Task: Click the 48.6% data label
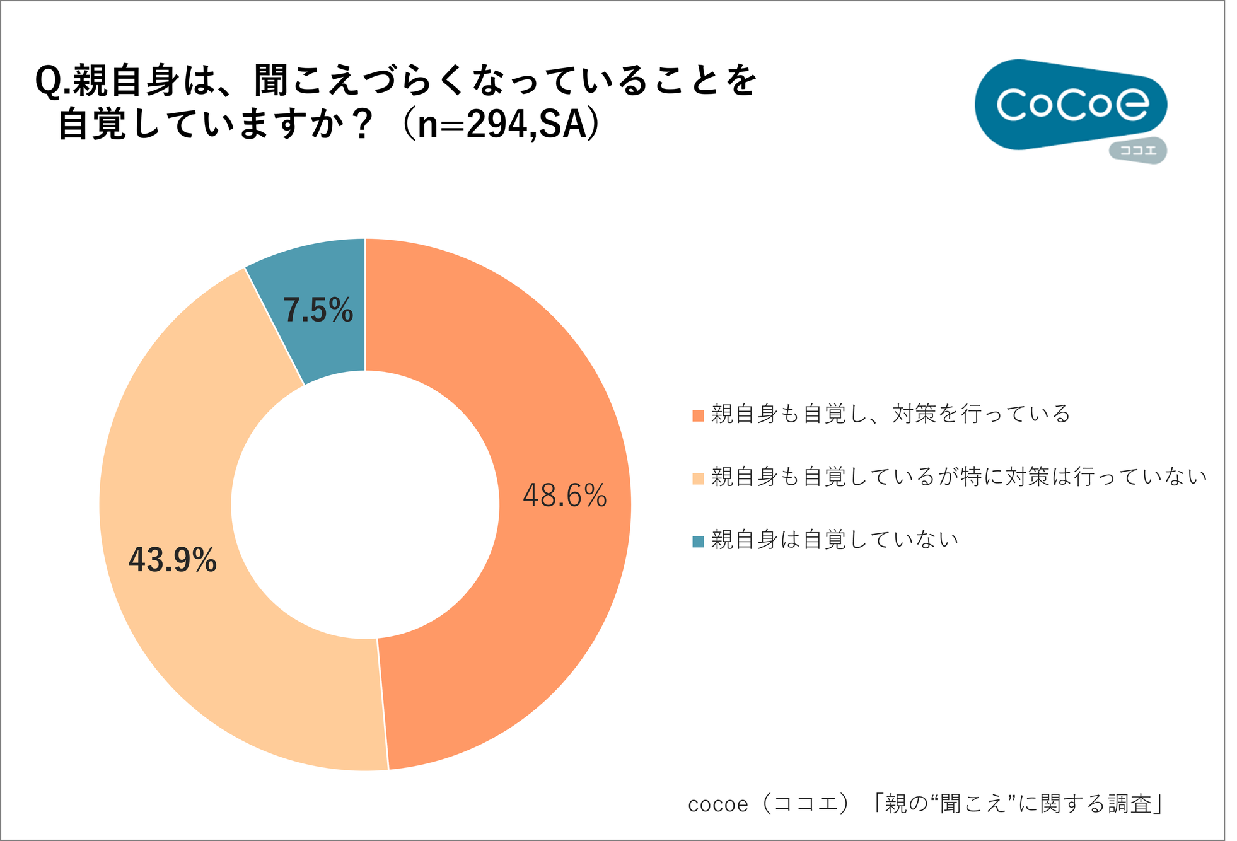[564, 496]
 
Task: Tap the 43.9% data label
[173, 560]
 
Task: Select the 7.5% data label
[318, 310]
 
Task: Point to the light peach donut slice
[189, 441]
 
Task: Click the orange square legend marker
[698, 415]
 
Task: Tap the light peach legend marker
[698, 478]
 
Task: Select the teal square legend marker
[698, 542]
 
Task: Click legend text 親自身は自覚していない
[835, 540]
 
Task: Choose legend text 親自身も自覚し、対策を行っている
[891, 414]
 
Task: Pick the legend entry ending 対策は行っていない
[958, 477]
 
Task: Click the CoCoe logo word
[1072, 104]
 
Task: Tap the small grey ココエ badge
[1138, 151]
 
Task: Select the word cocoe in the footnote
[717, 805]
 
